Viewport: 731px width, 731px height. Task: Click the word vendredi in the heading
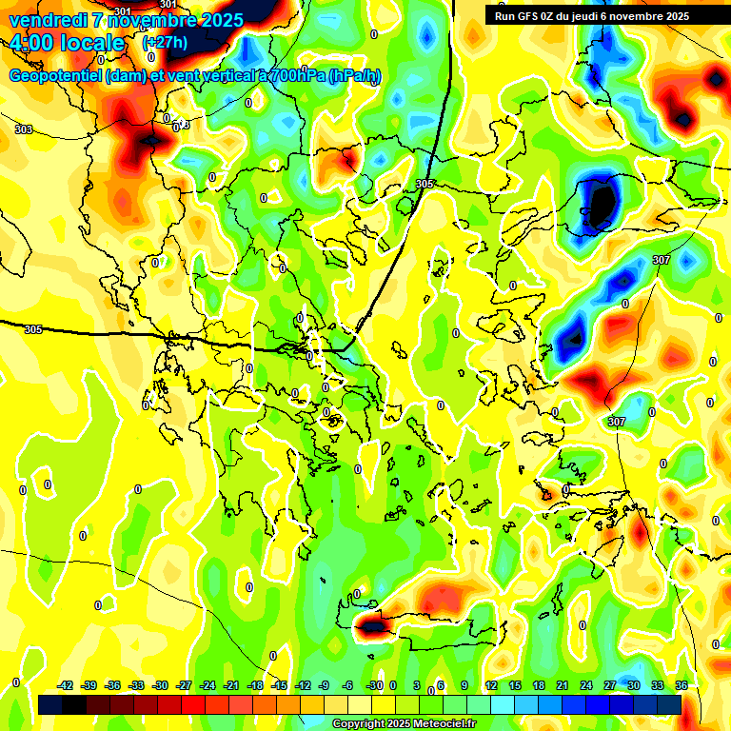coord(48,20)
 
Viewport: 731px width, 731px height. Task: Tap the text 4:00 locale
coord(67,43)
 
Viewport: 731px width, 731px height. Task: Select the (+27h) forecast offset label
coord(165,43)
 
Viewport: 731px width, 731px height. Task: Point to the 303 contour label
coord(24,129)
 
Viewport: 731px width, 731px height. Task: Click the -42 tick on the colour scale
coord(66,685)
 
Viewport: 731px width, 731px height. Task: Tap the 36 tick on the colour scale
coord(682,685)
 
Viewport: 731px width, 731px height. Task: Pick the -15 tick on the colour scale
coord(280,685)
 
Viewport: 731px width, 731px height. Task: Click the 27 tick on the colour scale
coord(609,685)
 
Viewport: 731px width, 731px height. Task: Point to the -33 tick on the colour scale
coord(137,685)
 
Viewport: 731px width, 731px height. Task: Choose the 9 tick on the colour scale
coord(464,685)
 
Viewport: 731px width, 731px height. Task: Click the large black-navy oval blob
coord(601,203)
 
